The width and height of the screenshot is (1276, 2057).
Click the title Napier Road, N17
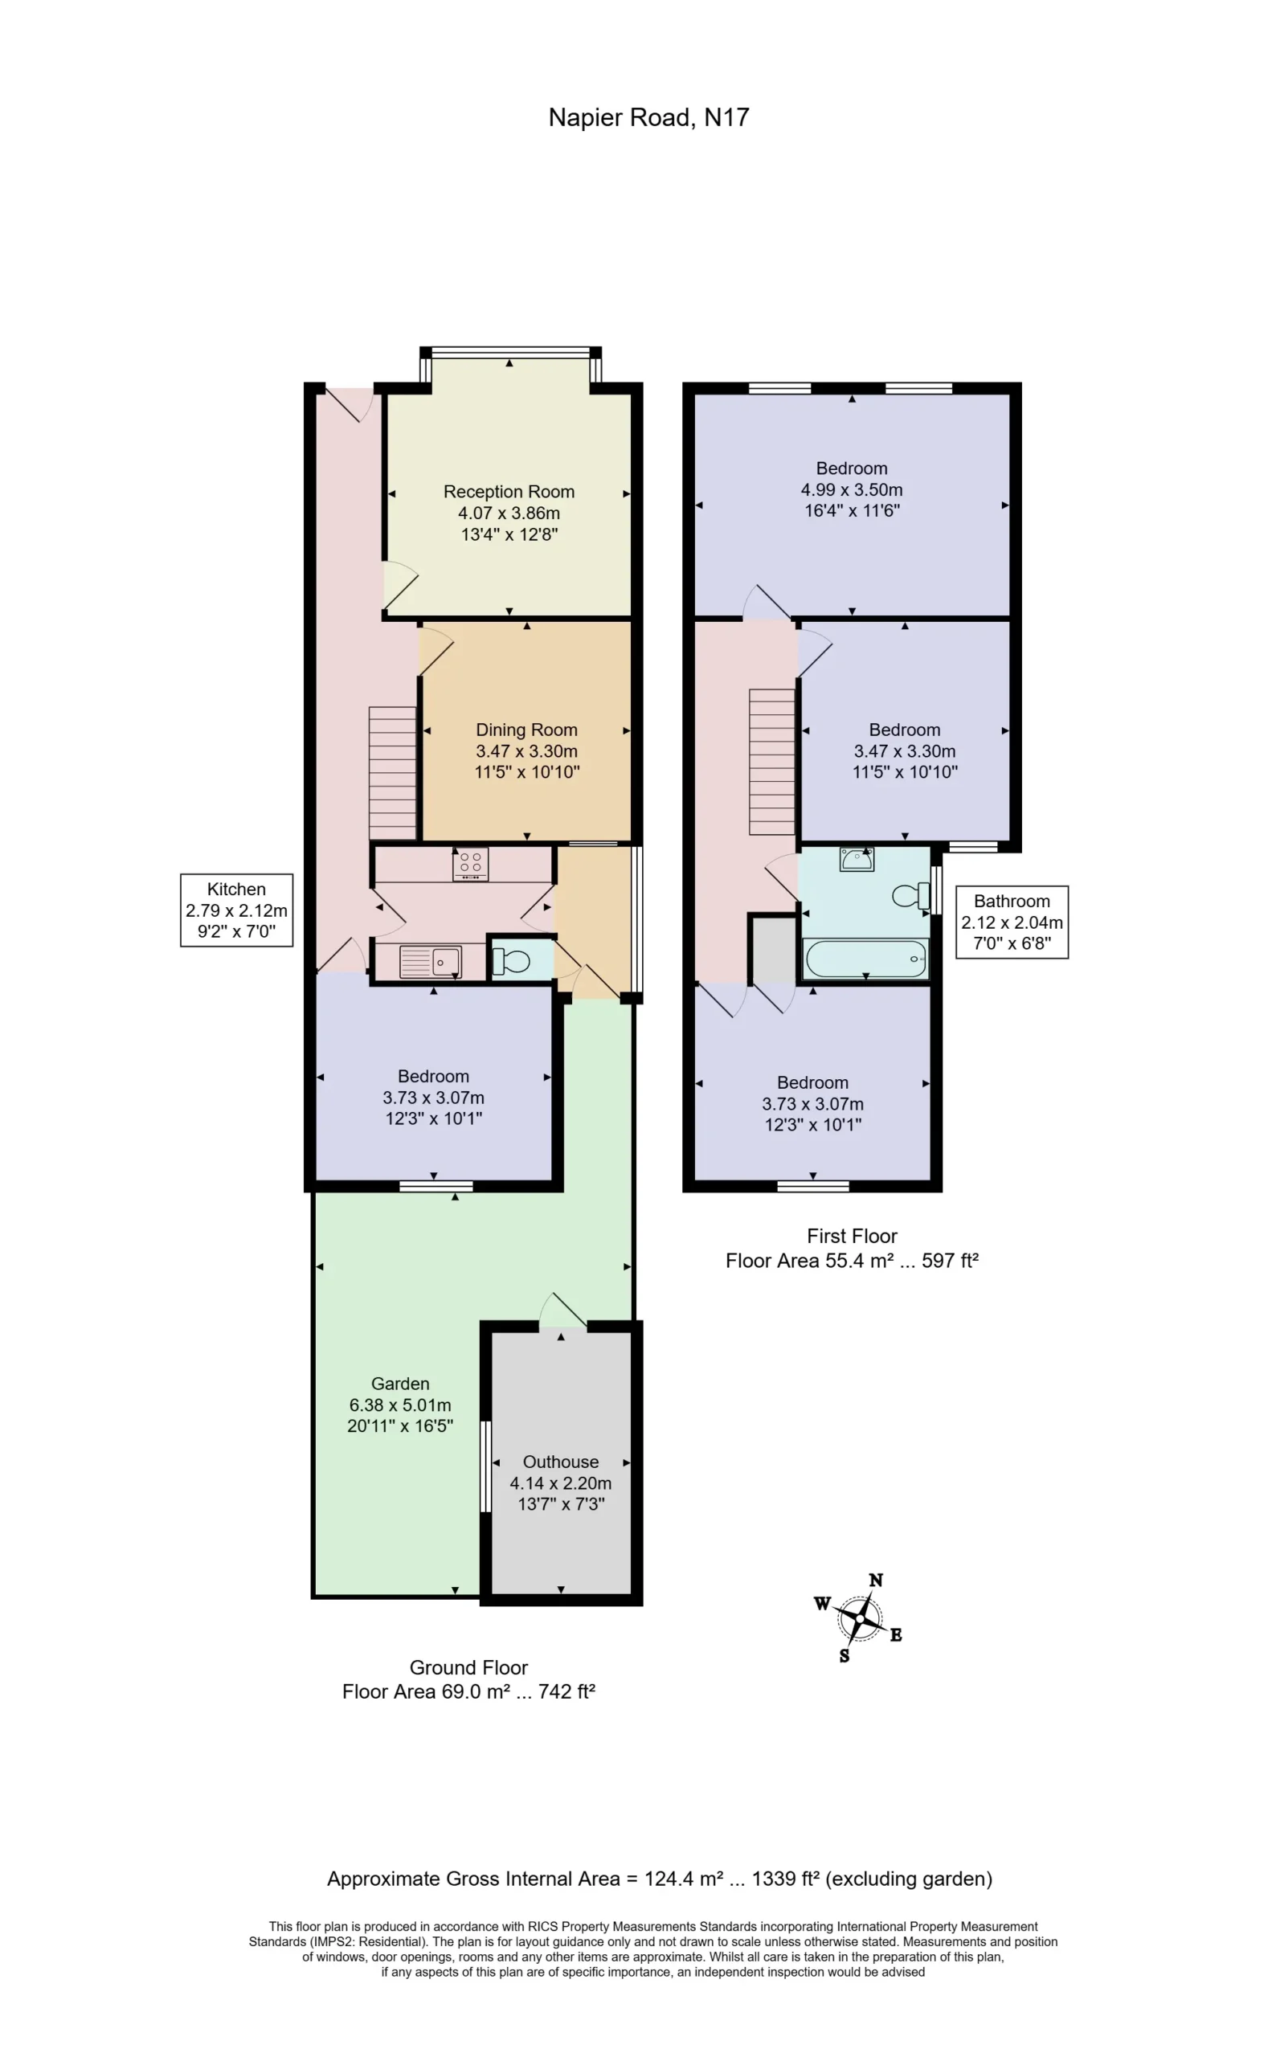click(648, 117)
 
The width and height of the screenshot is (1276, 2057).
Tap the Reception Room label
click(509, 491)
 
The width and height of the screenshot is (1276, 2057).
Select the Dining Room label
click(526, 730)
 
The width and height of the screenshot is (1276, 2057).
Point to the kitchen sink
click(431, 962)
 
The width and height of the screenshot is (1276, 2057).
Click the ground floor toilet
click(510, 960)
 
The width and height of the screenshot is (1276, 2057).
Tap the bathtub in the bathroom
click(866, 959)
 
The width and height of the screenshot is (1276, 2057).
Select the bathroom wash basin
click(857, 859)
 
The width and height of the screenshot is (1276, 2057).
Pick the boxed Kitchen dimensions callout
click(236, 910)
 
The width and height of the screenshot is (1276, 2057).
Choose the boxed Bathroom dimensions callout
click(1012, 922)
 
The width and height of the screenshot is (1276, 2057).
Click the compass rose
click(859, 1618)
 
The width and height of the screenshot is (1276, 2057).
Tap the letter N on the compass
click(876, 1581)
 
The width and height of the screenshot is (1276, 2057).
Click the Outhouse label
click(560, 1462)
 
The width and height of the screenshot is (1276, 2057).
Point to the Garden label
click(400, 1383)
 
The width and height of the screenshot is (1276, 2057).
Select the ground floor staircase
click(392, 773)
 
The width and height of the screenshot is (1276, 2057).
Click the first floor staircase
click(772, 762)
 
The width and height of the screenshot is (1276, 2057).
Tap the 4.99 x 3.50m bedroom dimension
click(852, 489)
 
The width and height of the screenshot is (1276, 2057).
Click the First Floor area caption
click(852, 1248)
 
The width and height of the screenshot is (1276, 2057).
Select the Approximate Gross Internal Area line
click(659, 1878)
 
